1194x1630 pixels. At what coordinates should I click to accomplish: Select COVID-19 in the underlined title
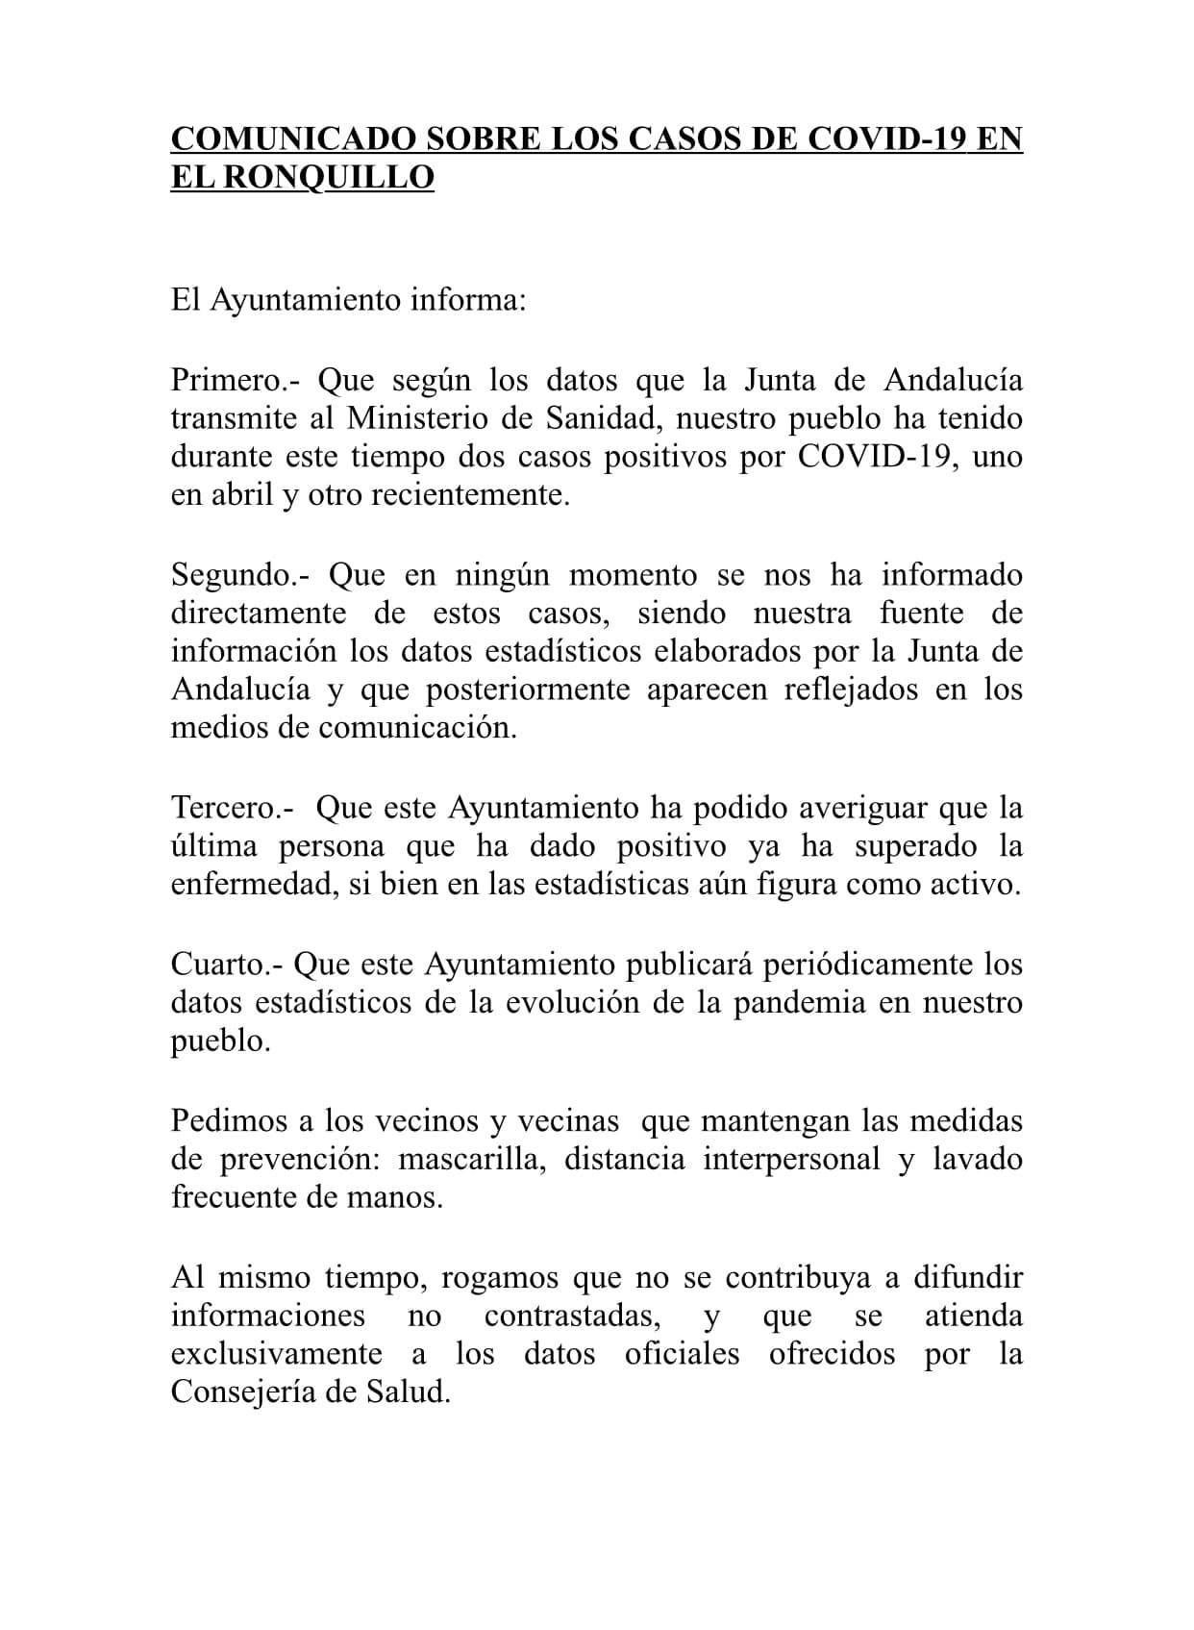[x=888, y=139]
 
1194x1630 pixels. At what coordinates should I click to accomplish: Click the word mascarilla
[x=473, y=1159]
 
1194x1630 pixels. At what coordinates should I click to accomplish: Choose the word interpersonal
[x=791, y=1159]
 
